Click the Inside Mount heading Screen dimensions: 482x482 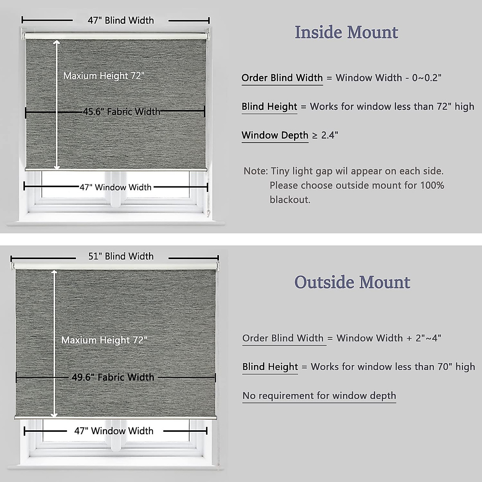(x=346, y=33)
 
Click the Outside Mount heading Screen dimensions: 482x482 (x=352, y=282)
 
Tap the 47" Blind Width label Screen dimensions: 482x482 (x=121, y=20)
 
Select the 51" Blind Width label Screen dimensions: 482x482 (x=121, y=256)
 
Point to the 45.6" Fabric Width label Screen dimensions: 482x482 (x=121, y=112)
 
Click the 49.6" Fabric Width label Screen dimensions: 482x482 (x=113, y=378)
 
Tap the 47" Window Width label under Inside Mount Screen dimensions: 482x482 (x=115, y=187)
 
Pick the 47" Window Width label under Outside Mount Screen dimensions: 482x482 (x=114, y=431)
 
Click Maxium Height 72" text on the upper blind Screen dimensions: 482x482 (x=104, y=76)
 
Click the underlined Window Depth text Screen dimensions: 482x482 (x=275, y=135)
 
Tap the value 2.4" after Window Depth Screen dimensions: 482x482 (x=329, y=135)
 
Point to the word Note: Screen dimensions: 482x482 (x=255, y=171)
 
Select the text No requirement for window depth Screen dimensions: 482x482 (x=319, y=396)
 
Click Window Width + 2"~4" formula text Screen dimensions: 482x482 (x=389, y=338)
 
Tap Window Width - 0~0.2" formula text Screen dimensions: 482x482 (x=388, y=78)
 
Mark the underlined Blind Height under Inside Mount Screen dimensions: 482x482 (x=269, y=107)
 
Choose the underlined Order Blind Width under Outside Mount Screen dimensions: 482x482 (x=283, y=338)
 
